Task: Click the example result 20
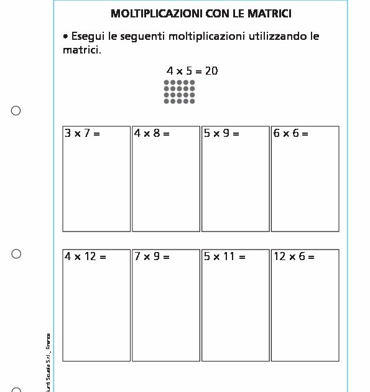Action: (x=211, y=71)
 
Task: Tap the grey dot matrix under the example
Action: (x=180, y=91)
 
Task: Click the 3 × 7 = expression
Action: (x=82, y=133)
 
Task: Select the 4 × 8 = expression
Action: (x=152, y=133)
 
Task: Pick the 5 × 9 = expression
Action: (x=221, y=133)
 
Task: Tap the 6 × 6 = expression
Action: (x=290, y=133)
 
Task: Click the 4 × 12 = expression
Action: (x=86, y=256)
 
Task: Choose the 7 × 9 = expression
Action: (x=152, y=256)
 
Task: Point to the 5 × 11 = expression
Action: (x=224, y=256)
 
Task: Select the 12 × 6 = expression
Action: (x=294, y=256)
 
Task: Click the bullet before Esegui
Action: (x=65, y=37)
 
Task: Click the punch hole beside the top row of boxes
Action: (x=16, y=111)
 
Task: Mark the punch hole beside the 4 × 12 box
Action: (x=16, y=254)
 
